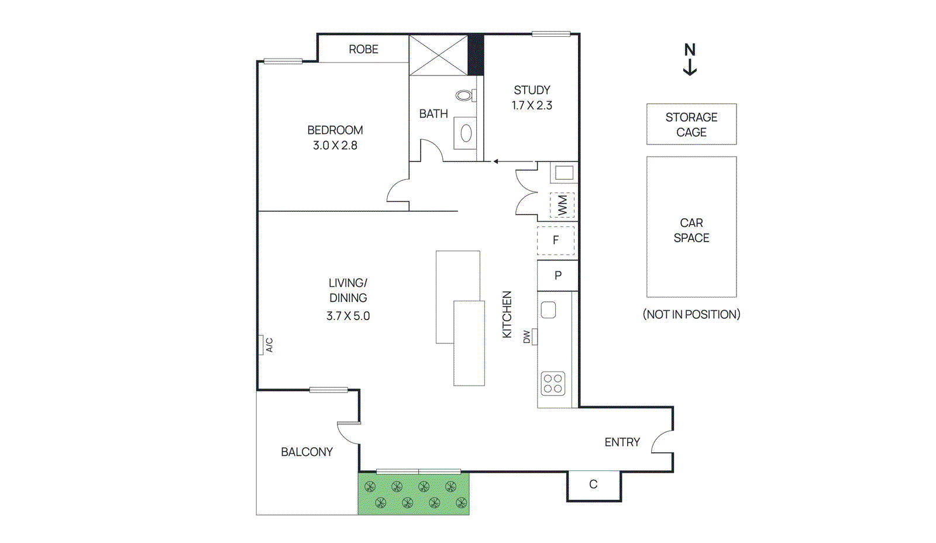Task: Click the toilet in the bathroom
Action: click(x=464, y=95)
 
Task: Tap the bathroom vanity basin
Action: click(x=466, y=133)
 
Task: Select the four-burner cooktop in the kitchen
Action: click(x=553, y=383)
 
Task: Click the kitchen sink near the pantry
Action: click(x=548, y=310)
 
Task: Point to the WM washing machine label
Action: click(x=562, y=205)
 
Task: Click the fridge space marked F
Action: click(x=556, y=240)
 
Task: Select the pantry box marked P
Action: click(x=558, y=275)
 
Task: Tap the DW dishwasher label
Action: click(x=526, y=337)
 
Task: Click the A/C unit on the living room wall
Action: click(x=261, y=345)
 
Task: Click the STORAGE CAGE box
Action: click(x=691, y=124)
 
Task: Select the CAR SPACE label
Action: click(x=691, y=231)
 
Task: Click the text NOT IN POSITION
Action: click(x=691, y=314)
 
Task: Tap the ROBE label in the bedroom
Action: click(x=363, y=49)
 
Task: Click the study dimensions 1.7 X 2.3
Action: click(x=532, y=105)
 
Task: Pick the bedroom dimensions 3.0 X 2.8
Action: click(x=335, y=145)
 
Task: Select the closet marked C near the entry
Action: click(x=593, y=484)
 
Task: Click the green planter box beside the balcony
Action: click(x=414, y=494)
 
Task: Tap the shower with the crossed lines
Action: click(x=438, y=55)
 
